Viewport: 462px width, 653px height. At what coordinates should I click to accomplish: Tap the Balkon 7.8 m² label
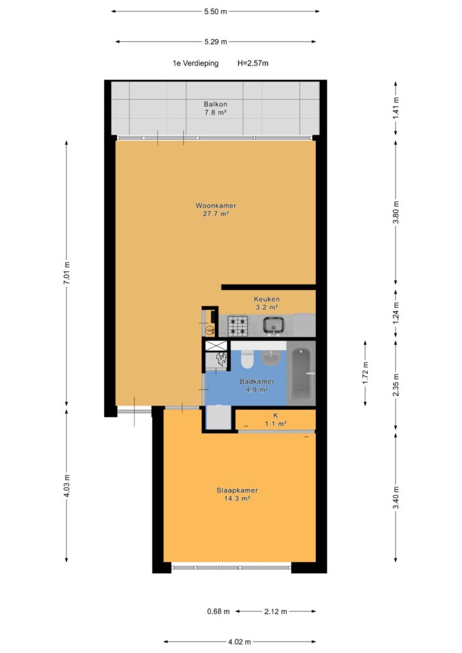click(216, 108)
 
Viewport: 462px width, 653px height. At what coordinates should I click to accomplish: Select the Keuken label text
click(267, 299)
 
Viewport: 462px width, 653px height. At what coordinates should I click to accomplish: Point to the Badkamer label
click(257, 381)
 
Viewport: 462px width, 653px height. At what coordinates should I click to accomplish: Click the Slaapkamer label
click(237, 490)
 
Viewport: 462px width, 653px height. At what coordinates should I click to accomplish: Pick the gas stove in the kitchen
click(237, 326)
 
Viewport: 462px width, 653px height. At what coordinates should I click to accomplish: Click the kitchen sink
click(273, 325)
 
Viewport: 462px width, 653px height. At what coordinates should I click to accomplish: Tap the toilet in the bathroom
click(247, 360)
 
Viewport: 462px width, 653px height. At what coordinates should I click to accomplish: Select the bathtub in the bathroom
click(301, 374)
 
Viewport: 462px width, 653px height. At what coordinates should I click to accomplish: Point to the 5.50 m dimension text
click(216, 11)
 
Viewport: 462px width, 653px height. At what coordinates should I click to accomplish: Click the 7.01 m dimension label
click(66, 273)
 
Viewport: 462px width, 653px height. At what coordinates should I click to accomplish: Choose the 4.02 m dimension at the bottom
click(239, 642)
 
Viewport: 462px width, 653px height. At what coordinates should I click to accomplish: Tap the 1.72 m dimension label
click(366, 372)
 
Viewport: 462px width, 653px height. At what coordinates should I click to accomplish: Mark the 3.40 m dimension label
click(396, 497)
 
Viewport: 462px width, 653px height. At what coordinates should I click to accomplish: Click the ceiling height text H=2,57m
click(253, 63)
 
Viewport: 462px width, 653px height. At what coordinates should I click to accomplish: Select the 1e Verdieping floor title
click(195, 63)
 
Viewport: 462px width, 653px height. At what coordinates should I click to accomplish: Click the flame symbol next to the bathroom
click(221, 360)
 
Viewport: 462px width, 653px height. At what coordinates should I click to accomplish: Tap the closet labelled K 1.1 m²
click(276, 420)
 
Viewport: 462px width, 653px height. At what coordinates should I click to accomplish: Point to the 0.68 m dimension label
click(218, 612)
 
